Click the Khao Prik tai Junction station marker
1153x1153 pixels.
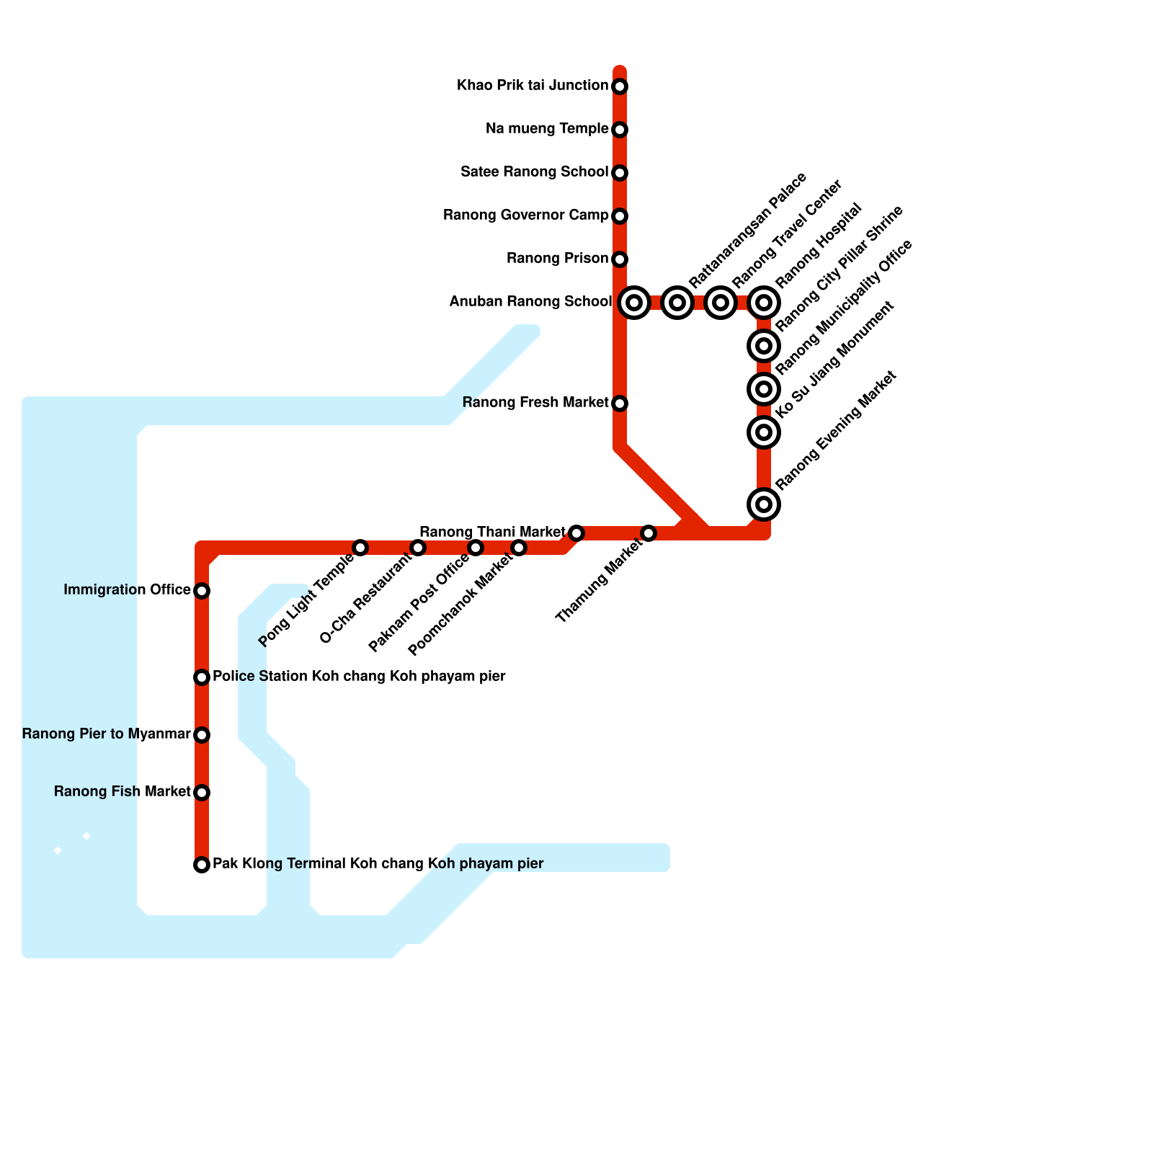coord(620,86)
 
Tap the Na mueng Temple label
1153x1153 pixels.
coord(547,129)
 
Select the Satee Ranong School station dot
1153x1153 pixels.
coord(620,173)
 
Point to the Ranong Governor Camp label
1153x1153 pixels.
coord(525,215)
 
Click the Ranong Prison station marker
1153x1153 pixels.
coord(620,259)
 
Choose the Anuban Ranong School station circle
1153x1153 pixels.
coord(634,303)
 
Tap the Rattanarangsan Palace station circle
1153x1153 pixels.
coord(677,303)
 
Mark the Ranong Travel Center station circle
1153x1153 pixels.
coord(721,303)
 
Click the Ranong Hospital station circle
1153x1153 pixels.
coord(764,303)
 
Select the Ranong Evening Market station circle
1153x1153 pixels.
coord(764,504)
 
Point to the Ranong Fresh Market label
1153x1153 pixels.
coord(535,403)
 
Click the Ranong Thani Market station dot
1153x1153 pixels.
coord(576,533)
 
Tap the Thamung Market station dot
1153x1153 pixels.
coord(649,533)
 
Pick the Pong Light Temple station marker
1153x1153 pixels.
coord(360,548)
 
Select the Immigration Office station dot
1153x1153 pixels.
coord(202,591)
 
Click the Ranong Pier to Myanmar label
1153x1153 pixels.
coord(106,734)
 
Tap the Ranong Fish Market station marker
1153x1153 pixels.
coord(202,793)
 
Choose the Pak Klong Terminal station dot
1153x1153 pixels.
coord(202,865)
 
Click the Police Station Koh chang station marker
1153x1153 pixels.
coord(202,677)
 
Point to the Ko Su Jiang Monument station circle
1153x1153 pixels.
coord(764,432)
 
